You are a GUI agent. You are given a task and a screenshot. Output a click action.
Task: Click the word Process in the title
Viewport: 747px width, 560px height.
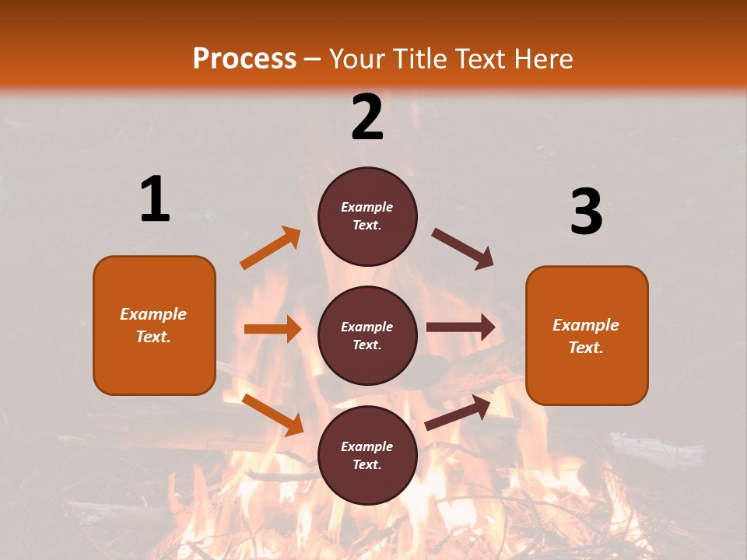(244, 58)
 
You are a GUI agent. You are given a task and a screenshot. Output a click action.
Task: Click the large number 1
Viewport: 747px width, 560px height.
(155, 199)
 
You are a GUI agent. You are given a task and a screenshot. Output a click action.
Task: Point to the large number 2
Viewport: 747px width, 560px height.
(367, 117)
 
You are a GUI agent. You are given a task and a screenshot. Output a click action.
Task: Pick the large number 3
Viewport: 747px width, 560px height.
(586, 212)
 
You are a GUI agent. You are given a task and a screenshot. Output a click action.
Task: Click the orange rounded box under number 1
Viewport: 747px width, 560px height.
(154, 325)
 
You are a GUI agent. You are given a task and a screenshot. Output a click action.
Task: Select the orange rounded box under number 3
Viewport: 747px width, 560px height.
(587, 336)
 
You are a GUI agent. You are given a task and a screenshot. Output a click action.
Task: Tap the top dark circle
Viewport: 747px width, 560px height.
(367, 216)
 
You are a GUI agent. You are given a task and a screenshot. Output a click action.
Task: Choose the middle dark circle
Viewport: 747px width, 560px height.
(367, 335)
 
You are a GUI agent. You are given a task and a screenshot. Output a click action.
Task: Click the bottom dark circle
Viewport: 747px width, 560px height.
(367, 455)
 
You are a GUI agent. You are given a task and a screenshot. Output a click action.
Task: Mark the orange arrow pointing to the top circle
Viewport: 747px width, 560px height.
(271, 248)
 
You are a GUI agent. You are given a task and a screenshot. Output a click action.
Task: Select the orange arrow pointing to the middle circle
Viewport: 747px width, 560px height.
(273, 329)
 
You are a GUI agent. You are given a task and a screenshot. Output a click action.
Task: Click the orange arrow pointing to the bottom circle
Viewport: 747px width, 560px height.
(273, 415)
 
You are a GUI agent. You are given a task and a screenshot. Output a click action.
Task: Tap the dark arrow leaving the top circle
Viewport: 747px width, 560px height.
(463, 249)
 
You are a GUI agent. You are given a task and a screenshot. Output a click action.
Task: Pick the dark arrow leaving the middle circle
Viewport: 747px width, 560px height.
(461, 327)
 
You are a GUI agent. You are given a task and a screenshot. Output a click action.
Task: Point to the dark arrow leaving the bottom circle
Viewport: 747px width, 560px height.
(458, 412)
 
